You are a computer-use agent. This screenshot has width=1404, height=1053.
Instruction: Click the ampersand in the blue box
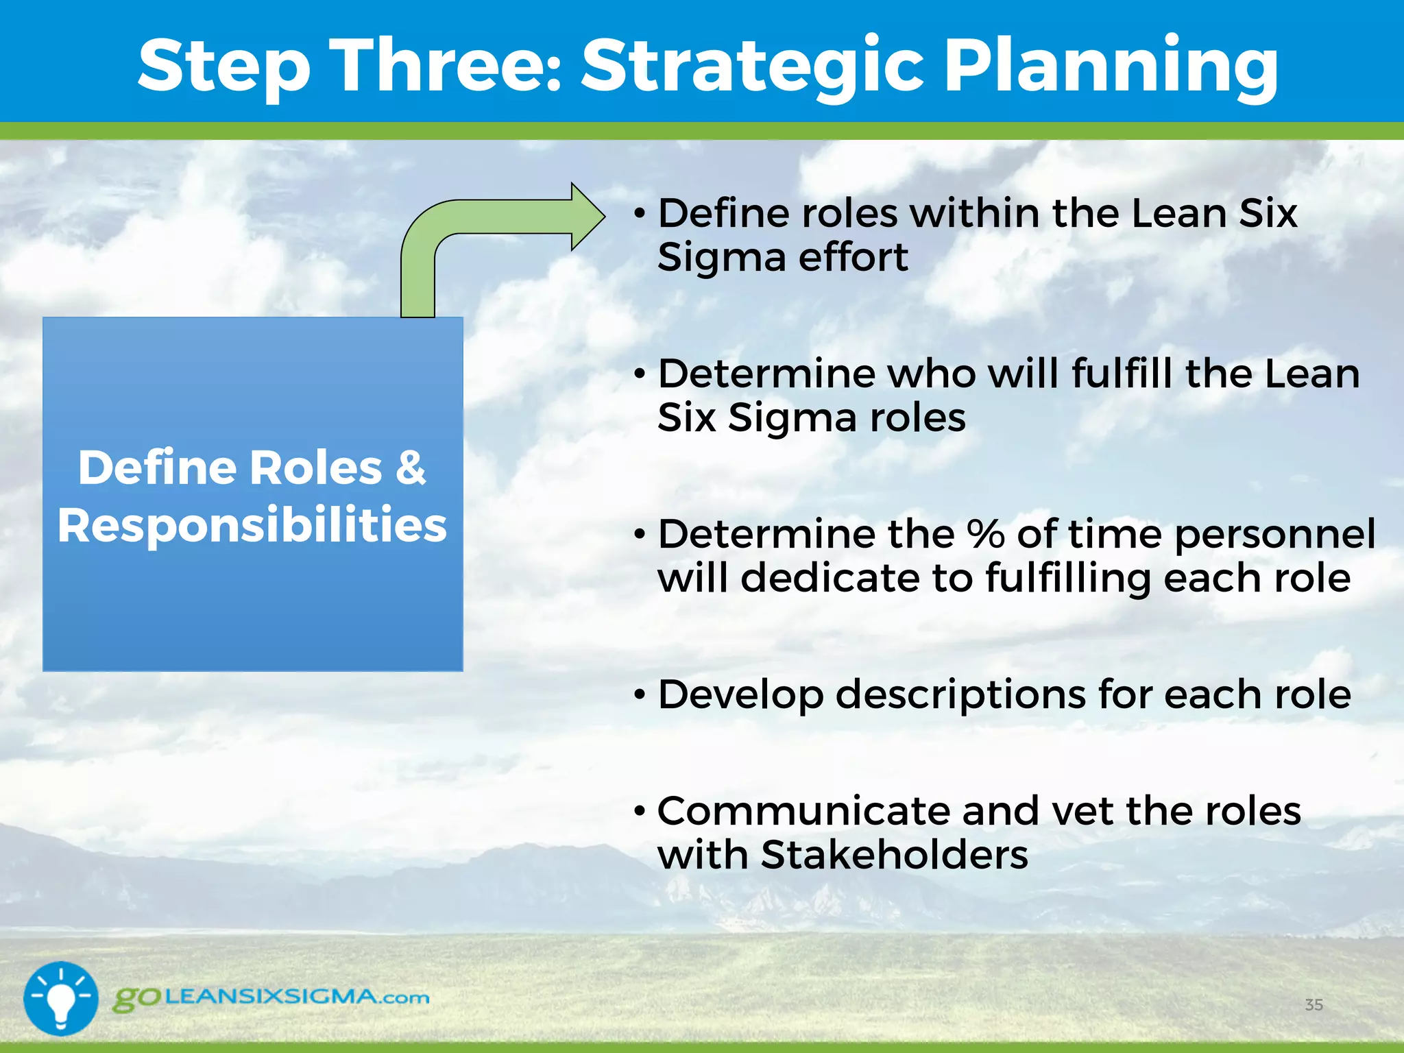click(411, 468)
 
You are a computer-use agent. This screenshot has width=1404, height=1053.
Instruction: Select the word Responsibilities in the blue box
click(252, 526)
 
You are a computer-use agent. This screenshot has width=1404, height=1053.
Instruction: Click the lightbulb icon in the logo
click(61, 998)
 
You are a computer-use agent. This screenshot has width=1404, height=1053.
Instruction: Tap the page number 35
click(1314, 1005)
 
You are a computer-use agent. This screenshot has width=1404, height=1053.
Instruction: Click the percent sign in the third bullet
click(986, 534)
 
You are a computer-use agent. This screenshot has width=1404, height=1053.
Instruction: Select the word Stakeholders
click(894, 856)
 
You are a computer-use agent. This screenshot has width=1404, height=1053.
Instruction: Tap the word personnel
click(1274, 534)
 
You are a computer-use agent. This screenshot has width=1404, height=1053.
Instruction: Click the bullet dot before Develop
click(640, 696)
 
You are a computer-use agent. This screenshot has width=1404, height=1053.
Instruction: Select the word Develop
click(740, 694)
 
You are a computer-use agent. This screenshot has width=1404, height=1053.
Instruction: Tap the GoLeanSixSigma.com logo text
click(271, 997)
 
